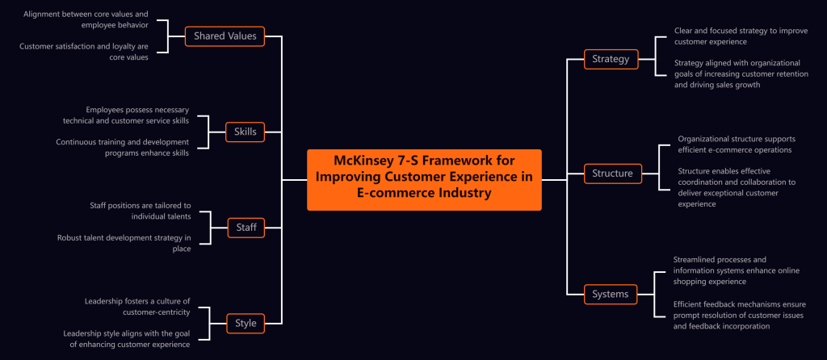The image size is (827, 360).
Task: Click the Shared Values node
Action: [x=225, y=36]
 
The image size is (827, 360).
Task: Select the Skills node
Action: [x=246, y=132]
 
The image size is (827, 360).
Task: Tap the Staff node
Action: [x=246, y=228]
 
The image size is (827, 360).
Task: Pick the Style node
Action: [x=246, y=323]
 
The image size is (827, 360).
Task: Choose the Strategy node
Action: [x=611, y=59]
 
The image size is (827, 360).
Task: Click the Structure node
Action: [x=612, y=173]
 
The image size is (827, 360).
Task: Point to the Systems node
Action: [x=611, y=294]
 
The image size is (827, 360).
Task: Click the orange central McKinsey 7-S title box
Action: [x=424, y=179]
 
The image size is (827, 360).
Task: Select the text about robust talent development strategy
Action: [x=124, y=243]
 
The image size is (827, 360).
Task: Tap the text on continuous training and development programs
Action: [x=122, y=147]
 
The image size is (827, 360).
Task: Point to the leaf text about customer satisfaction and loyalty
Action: [x=84, y=51]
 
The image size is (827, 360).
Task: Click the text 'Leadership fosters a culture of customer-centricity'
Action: [x=136, y=307]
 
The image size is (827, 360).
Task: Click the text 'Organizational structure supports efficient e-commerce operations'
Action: [x=734, y=144]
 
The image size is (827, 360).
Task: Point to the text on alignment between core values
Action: [x=86, y=19]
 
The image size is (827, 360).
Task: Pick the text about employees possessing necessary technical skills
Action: [x=126, y=115]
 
